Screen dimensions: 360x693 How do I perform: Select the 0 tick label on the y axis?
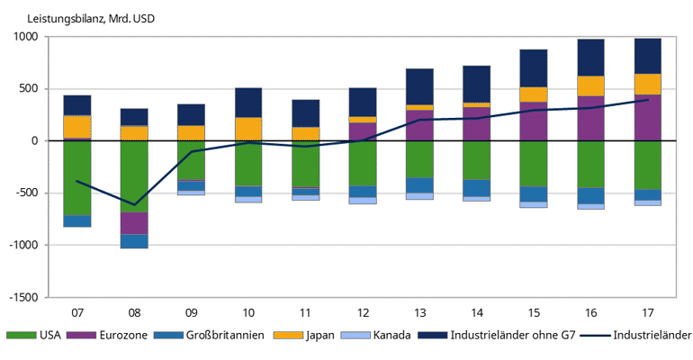(x=33, y=141)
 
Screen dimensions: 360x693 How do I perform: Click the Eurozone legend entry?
(x=116, y=336)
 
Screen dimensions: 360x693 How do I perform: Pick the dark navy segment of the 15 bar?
(x=533, y=68)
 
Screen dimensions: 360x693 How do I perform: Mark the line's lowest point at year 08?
(x=134, y=204)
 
